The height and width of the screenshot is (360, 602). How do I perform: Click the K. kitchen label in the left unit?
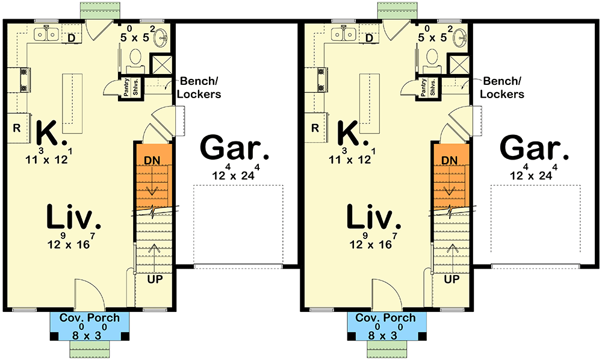(51, 133)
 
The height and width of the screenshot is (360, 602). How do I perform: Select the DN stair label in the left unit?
(153, 160)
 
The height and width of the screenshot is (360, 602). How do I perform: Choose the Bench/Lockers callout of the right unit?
(503, 88)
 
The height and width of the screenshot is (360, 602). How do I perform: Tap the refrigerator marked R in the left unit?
(17, 128)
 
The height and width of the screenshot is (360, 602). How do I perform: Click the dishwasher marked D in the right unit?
(370, 38)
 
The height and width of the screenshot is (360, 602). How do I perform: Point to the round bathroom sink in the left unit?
(162, 37)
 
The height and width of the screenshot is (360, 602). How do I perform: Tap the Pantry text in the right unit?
(423, 87)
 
